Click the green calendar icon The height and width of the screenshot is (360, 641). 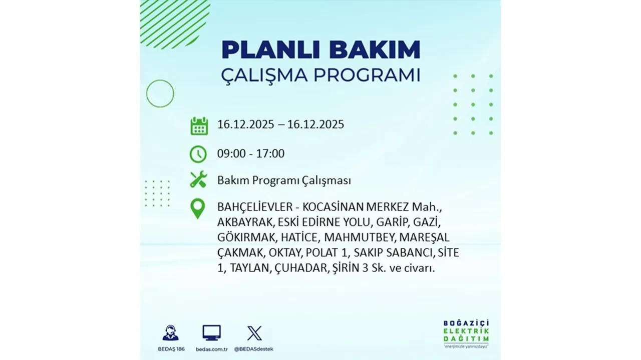[x=199, y=125]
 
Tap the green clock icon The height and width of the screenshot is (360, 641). [x=198, y=153]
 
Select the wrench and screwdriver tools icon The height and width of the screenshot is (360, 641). [x=198, y=179]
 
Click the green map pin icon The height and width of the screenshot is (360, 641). [x=198, y=208]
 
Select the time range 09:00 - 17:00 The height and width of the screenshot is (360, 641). [x=250, y=153]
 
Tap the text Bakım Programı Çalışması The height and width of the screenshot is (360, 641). [x=284, y=180]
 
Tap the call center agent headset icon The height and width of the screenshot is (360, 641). [x=170, y=333]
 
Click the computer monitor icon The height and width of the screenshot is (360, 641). [x=211, y=333]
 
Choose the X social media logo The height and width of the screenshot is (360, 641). [x=254, y=333]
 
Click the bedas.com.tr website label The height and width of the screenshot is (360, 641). [x=211, y=348]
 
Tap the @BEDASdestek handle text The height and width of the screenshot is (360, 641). [x=254, y=348]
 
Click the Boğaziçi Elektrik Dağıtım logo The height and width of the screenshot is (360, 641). [x=466, y=332]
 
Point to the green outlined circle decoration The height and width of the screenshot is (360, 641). [x=160, y=93]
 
